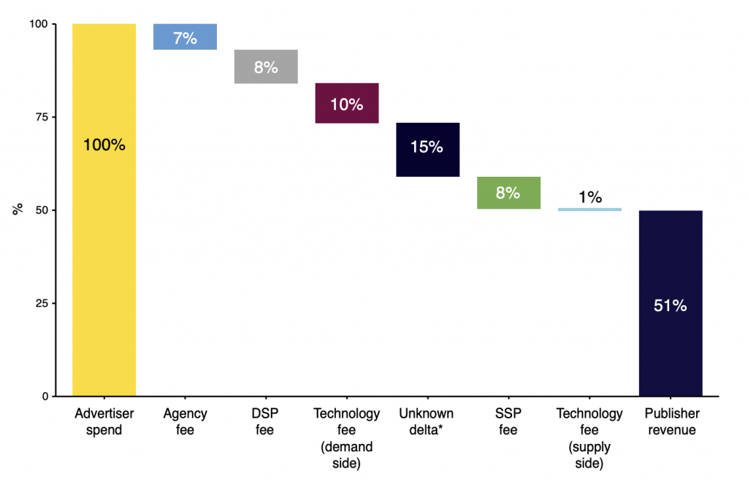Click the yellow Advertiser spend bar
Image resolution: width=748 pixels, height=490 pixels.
tap(104, 210)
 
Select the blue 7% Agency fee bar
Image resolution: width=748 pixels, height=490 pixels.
tap(185, 37)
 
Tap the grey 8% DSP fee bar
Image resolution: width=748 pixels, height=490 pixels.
tap(266, 66)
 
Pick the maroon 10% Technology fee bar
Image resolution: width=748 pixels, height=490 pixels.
tap(347, 104)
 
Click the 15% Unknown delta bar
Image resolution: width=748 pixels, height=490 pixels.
tap(428, 150)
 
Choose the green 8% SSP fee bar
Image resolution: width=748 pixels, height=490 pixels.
tap(508, 193)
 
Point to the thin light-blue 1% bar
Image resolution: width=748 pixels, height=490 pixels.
tap(589, 210)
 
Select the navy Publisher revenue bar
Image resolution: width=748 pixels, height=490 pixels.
tap(671, 304)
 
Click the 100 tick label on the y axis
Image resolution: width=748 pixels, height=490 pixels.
tap(39, 24)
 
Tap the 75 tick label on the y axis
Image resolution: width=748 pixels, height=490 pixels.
tap(42, 117)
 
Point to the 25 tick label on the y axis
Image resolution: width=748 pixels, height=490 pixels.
tap(42, 303)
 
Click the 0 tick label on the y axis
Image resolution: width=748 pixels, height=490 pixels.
tap(45, 396)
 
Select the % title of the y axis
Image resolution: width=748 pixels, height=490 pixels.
tap(18, 210)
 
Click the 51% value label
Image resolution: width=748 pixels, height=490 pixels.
tap(671, 305)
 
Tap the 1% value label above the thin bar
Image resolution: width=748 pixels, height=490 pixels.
tap(590, 196)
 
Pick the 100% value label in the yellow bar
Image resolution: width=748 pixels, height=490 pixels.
tap(104, 145)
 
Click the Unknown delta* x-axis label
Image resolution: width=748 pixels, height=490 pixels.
tap(427, 422)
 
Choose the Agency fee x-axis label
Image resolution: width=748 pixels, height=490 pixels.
tap(185, 422)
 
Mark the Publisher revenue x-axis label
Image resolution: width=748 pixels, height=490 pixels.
tap(672, 422)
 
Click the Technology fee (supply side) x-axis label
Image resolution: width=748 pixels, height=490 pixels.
tap(589, 438)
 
